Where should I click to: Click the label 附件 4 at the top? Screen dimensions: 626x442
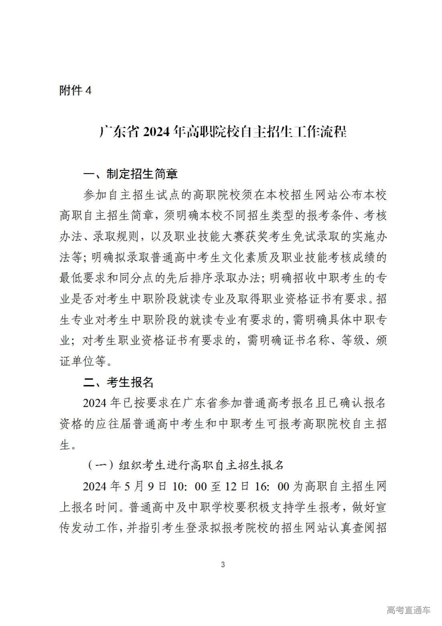[75, 90]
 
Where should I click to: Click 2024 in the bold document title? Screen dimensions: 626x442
[155, 132]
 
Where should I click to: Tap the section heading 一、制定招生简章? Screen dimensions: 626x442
[130, 174]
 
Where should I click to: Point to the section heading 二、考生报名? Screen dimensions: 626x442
[118, 382]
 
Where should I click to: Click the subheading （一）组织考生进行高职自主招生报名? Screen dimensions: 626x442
[185, 465]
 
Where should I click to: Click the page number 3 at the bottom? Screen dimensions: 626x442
[223, 565]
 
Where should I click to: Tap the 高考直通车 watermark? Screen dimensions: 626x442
[408, 610]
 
